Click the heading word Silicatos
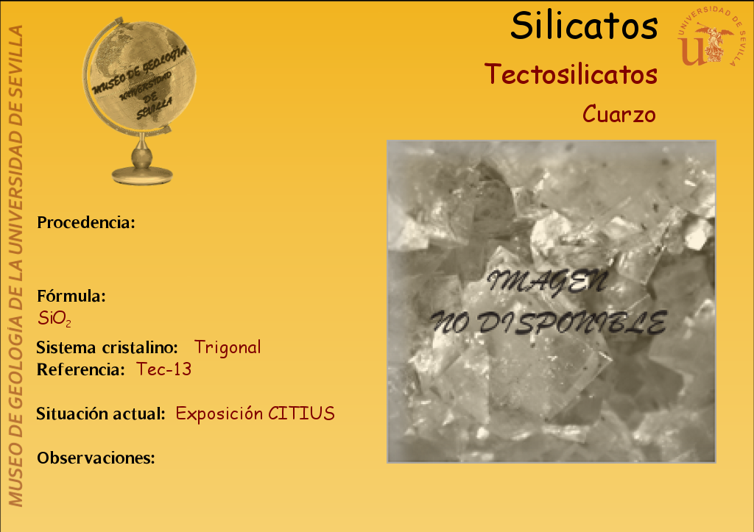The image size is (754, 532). (584, 26)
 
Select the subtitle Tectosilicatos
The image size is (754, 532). (571, 74)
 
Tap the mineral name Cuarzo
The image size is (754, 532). (619, 114)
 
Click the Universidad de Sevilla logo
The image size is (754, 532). (711, 37)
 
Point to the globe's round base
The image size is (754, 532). (142, 175)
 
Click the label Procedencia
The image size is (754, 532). (86, 222)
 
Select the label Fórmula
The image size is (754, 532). (71, 296)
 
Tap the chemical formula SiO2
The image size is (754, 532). (54, 319)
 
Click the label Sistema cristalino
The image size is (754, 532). (107, 347)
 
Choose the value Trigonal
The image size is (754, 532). (228, 347)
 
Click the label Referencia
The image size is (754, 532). (81, 369)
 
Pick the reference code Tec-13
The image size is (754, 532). (164, 369)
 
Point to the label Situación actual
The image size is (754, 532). (101, 414)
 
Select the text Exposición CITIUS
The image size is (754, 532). (255, 414)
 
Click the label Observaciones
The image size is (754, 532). (96, 458)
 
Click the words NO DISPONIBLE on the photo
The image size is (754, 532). (548, 322)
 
